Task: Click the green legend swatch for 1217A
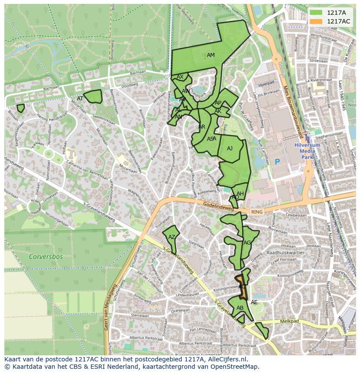(316, 13)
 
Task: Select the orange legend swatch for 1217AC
(316, 21)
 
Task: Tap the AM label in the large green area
(211, 55)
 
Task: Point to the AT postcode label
(80, 99)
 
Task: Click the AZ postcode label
(172, 237)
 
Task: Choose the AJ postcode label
(230, 149)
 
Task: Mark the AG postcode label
(247, 242)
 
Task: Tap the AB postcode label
(240, 308)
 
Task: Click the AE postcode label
(254, 302)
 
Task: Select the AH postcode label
(240, 193)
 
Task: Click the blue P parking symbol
(277, 162)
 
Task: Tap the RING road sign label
(257, 212)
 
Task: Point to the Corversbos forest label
(46, 257)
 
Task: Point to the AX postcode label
(180, 77)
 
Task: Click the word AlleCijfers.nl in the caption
(226, 359)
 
